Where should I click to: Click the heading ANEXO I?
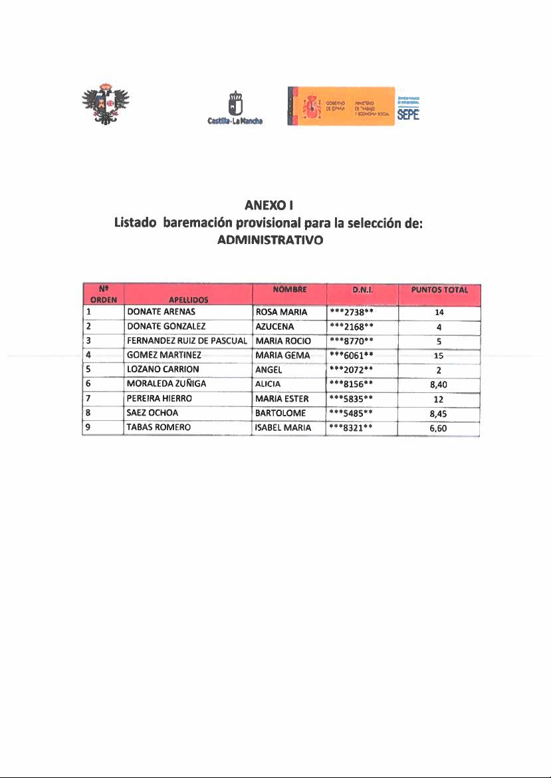(266, 205)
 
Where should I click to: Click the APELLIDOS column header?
(189, 299)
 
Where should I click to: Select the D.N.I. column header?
(362, 290)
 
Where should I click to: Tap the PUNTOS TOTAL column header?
(439, 290)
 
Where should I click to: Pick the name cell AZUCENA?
(275, 326)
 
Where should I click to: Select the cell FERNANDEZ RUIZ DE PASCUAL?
(187, 340)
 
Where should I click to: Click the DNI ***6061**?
(354, 355)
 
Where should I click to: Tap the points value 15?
(439, 356)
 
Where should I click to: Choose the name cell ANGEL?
(269, 369)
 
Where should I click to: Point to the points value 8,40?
(439, 384)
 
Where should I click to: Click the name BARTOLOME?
(280, 413)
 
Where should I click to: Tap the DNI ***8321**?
(354, 428)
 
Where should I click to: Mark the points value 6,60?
(439, 428)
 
